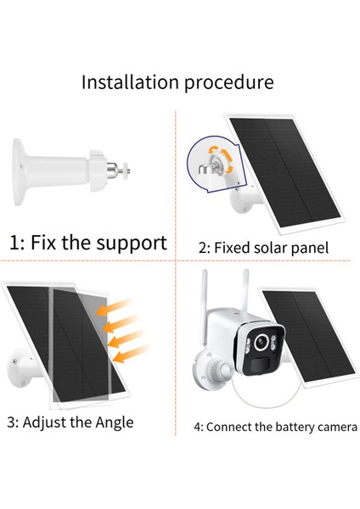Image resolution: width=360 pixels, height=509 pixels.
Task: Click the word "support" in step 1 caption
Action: click(x=129, y=243)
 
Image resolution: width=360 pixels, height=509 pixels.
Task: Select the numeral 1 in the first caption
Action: click(x=14, y=243)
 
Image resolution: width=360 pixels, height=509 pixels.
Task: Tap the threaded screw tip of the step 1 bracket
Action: click(x=130, y=171)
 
